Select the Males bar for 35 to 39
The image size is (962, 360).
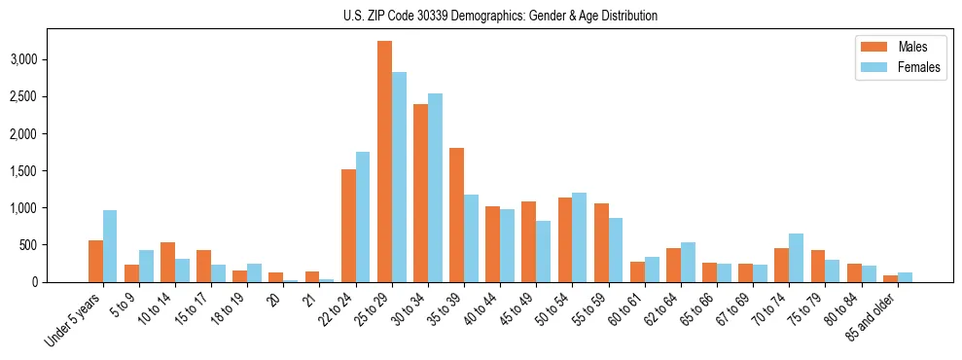click(x=456, y=215)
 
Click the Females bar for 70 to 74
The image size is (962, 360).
click(x=796, y=258)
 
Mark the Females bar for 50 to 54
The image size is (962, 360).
click(x=579, y=237)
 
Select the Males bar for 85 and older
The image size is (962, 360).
click(x=890, y=279)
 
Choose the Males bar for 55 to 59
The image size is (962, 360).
click(x=601, y=242)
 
